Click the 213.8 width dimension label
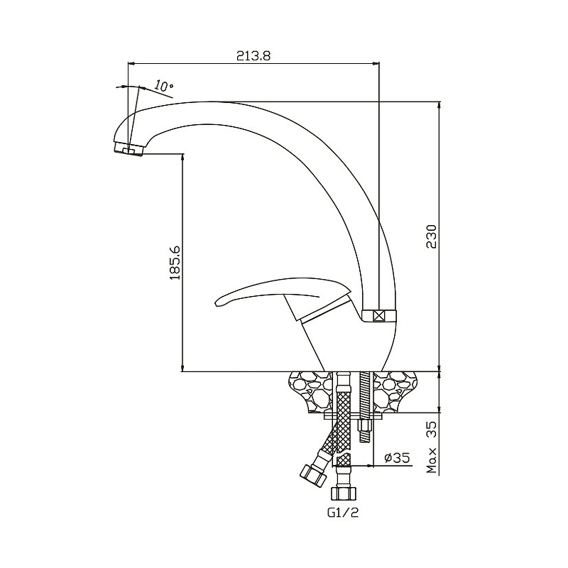[x=253, y=56]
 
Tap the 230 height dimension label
[x=432, y=236]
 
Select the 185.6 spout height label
[x=175, y=263]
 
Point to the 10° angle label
[x=163, y=86]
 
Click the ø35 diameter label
[x=397, y=457]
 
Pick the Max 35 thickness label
[x=432, y=447]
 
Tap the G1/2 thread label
[x=343, y=512]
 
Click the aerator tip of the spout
[x=129, y=148]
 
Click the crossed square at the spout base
[x=379, y=316]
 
